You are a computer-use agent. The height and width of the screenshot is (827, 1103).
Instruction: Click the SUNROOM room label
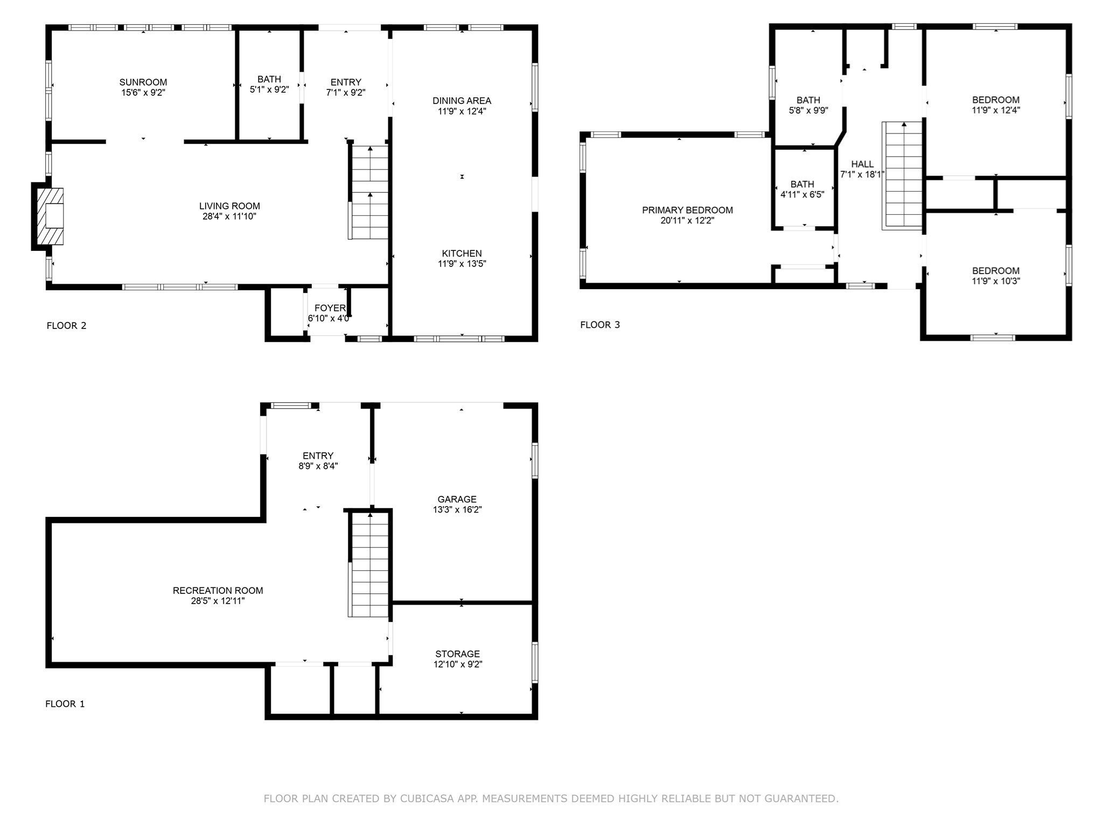(x=143, y=82)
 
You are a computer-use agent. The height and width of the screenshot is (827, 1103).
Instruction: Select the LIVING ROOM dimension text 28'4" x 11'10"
(x=229, y=216)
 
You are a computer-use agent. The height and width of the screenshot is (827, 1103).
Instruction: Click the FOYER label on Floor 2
(x=330, y=308)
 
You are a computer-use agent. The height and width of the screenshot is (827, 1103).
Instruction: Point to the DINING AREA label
(x=462, y=101)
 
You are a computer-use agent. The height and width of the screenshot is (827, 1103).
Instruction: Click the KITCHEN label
(x=462, y=254)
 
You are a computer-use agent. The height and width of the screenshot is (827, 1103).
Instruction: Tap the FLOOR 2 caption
(x=66, y=325)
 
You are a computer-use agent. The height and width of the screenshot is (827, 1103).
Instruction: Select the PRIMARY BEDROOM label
(x=687, y=210)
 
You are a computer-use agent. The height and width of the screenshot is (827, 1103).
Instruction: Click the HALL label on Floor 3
(x=862, y=164)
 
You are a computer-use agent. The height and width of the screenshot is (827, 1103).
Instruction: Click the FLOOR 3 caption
(x=600, y=325)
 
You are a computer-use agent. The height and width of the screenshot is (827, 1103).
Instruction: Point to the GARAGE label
(x=457, y=499)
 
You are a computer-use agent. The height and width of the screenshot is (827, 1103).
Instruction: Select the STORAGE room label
(x=457, y=654)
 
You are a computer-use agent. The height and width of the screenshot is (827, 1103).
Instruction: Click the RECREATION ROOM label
(x=218, y=591)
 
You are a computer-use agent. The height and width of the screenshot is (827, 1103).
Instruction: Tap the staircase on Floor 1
(x=369, y=565)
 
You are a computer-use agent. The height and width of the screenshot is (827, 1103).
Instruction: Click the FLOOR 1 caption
(x=65, y=704)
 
